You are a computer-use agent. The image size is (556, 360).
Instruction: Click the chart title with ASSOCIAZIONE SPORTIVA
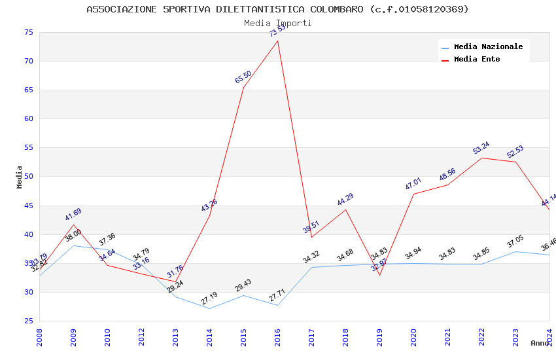click(277, 9)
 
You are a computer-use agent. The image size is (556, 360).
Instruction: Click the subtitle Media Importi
click(277, 23)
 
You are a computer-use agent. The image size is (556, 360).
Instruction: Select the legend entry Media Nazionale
click(488, 46)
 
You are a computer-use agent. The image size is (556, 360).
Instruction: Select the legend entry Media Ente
click(477, 59)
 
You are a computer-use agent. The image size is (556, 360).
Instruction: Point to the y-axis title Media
click(20, 177)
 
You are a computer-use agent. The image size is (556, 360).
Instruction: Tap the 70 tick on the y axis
click(28, 61)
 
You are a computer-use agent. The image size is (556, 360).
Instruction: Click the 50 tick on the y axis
click(28, 177)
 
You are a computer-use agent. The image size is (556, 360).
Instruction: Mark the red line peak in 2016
click(277, 41)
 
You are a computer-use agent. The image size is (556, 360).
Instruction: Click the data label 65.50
click(243, 77)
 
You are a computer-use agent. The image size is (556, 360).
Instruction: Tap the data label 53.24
click(481, 148)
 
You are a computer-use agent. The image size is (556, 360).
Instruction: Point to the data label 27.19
click(209, 299)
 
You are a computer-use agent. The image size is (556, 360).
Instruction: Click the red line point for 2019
click(379, 275)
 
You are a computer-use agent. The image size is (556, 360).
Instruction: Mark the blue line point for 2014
click(209, 308)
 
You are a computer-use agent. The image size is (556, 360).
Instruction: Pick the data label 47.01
click(413, 184)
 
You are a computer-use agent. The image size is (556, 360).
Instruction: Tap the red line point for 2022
click(481, 158)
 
